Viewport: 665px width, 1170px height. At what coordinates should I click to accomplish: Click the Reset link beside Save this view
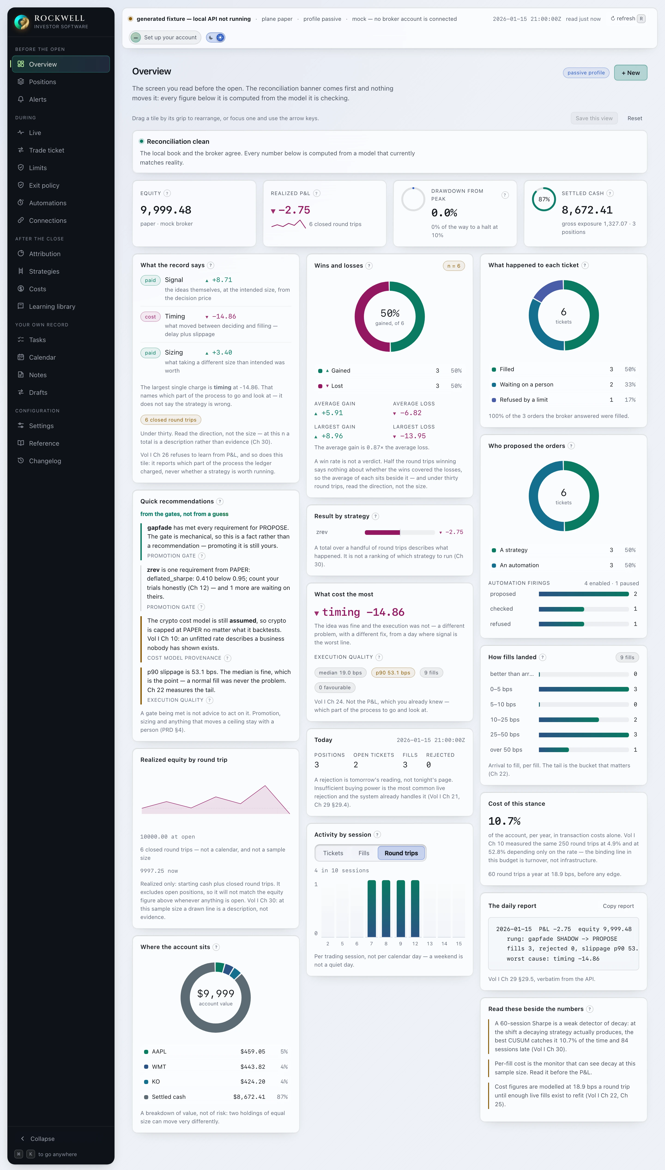pos(634,118)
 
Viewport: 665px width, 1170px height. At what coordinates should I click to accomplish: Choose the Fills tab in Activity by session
pos(364,853)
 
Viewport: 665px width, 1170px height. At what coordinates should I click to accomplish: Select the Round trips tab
pos(401,853)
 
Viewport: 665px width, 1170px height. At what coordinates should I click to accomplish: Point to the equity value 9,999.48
pos(166,210)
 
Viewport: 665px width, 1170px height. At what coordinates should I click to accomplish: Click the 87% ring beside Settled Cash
pos(544,199)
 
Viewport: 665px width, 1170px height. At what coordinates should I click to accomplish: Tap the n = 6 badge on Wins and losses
pos(453,266)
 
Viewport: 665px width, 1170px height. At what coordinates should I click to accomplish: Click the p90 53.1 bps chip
pos(393,673)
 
